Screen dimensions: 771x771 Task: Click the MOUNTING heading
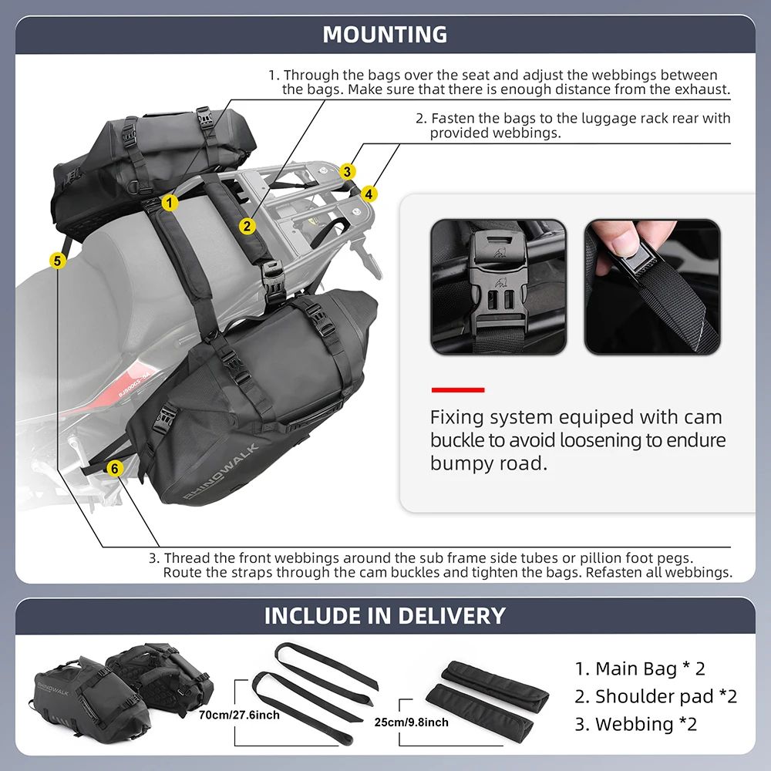[x=385, y=35]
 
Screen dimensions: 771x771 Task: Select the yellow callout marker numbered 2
[x=247, y=226]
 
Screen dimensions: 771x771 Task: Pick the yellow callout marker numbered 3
[x=348, y=171]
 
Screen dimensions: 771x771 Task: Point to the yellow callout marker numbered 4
[x=369, y=194]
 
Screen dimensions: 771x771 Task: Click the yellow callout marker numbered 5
[x=57, y=261]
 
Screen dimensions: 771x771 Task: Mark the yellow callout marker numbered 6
[x=114, y=467]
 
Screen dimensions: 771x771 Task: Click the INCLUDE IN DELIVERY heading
[x=385, y=616]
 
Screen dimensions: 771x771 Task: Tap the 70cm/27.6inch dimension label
[x=239, y=715]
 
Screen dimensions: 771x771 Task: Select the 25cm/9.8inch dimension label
[x=411, y=722]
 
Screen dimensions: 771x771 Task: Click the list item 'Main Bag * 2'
[x=640, y=668]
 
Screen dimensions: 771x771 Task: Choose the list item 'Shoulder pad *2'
[x=655, y=696]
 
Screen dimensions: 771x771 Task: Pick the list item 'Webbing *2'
[x=635, y=724]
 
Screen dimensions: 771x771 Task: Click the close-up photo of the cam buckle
[x=497, y=287]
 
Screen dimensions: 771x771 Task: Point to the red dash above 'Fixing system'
[x=457, y=389]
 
